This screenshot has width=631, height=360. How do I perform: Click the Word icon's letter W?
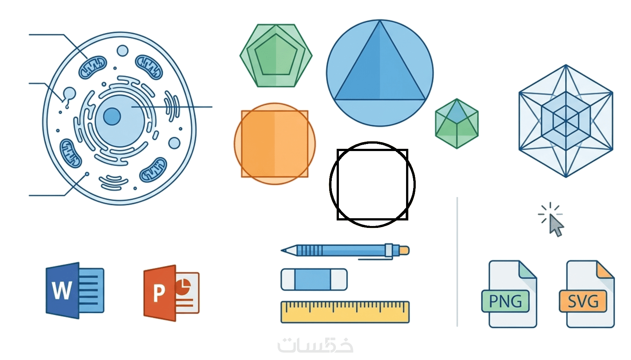(x=62, y=290)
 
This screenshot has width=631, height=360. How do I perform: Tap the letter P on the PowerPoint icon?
(x=159, y=293)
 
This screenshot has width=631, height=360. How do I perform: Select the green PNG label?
(x=505, y=301)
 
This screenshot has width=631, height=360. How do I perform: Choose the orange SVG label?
(x=583, y=301)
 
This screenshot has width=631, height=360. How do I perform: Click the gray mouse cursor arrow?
(x=556, y=225)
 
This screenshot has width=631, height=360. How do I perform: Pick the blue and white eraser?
(x=314, y=279)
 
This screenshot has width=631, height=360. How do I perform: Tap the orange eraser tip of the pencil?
(x=405, y=250)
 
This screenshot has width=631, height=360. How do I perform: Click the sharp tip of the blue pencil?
(x=283, y=251)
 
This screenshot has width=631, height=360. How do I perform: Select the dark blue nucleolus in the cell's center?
(x=112, y=117)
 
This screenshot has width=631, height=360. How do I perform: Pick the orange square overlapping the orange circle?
(x=275, y=144)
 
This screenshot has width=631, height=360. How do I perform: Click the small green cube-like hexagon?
(x=457, y=124)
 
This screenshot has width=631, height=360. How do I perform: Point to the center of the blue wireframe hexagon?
(x=566, y=121)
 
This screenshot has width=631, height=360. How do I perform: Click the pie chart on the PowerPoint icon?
(x=183, y=287)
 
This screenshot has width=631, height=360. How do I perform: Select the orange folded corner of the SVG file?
(x=605, y=270)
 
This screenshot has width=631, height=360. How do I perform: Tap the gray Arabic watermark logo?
(x=315, y=345)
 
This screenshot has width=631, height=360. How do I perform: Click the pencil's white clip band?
(x=389, y=250)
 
